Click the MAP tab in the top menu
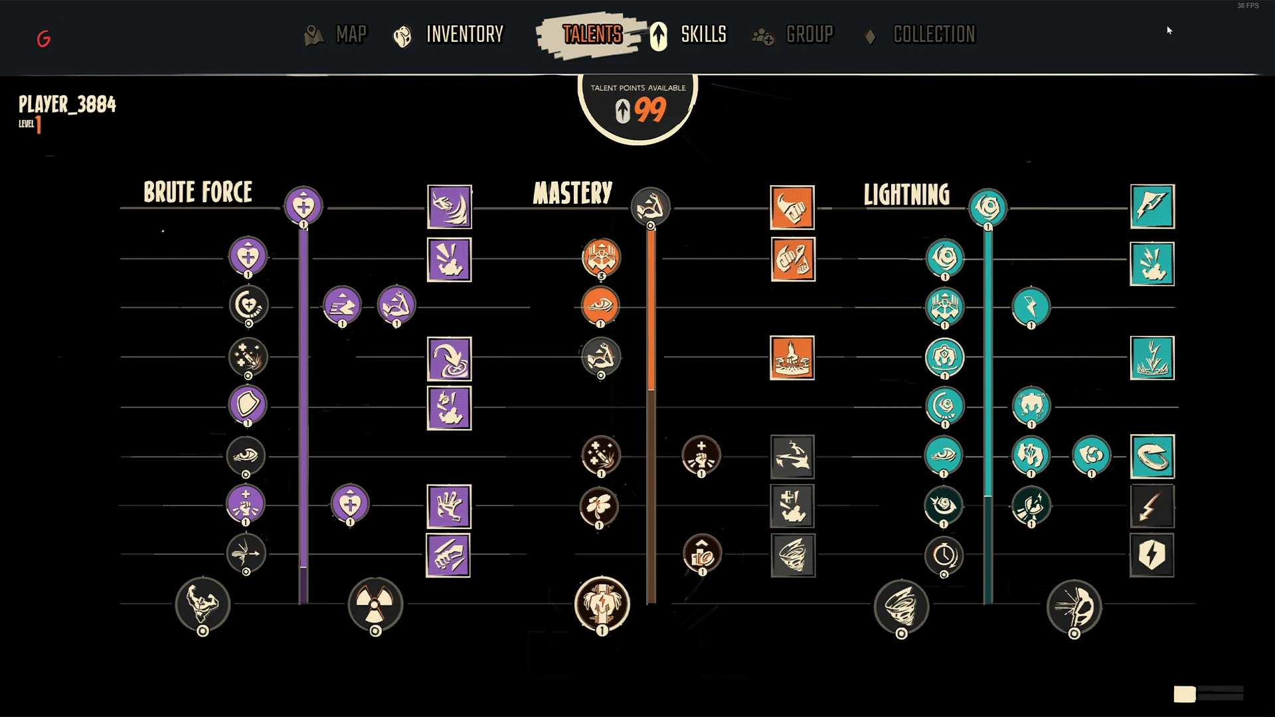pyautogui.click(x=350, y=35)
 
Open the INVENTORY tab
pyautogui.click(x=464, y=35)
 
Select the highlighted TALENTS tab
pyautogui.click(x=592, y=35)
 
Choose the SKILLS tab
pyautogui.click(x=703, y=35)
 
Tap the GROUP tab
pyautogui.click(x=809, y=35)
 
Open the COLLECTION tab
pyautogui.click(x=934, y=35)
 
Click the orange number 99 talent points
pyautogui.click(x=649, y=110)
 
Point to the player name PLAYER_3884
pyautogui.click(x=67, y=104)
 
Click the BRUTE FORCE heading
pyautogui.click(x=198, y=193)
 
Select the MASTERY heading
pyautogui.click(x=572, y=193)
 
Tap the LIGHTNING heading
pyautogui.click(x=906, y=195)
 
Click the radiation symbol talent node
pyautogui.click(x=375, y=604)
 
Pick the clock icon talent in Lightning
pyautogui.click(x=944, y=554)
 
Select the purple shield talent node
pyautogui.click(x=248, y=404)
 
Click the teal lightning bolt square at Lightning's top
pyautogui.click(x=1152, y=206)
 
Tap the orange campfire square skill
pyautogui.click(x=792, y=358)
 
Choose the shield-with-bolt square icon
pyautogui.click(x=1151, y=555)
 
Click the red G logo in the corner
pyautogui.click(x=44, y=39)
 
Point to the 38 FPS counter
pyautogui.click(x=1247, y=6)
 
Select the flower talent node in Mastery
pyautogui.click(x=600, y=506)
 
